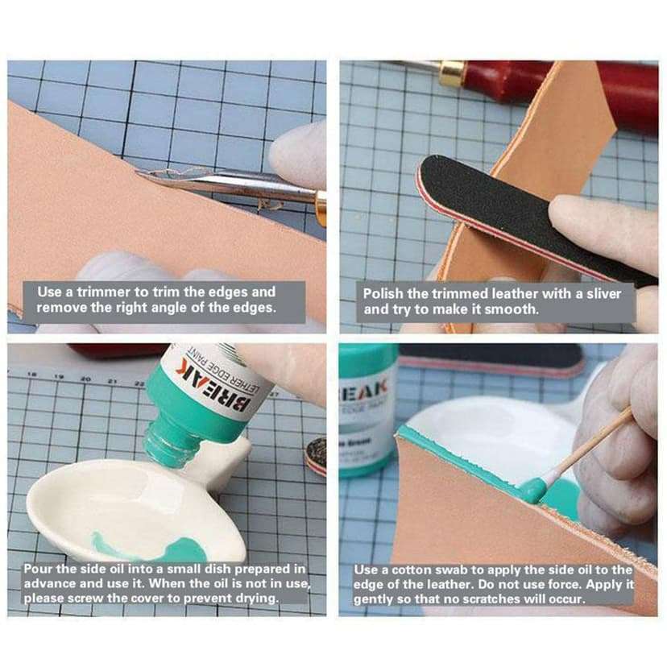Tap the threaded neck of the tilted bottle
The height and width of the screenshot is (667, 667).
(168, 446)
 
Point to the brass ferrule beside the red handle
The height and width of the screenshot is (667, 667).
(452, 75)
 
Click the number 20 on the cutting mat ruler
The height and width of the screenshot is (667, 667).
(85, 378)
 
